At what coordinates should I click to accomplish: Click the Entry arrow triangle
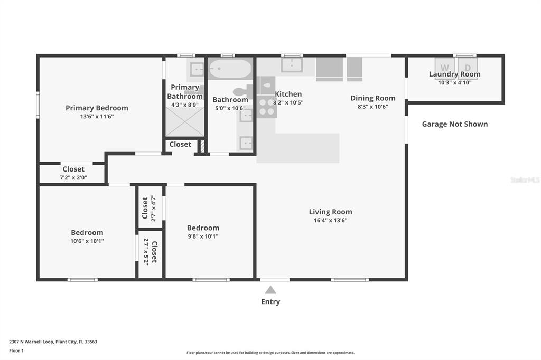coord(270,290)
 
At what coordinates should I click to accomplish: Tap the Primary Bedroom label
coord(97,108)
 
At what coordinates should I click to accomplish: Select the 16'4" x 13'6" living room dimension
coord(331,220)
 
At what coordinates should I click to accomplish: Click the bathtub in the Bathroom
coord(230,69)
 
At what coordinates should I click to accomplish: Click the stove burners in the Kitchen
coord(266,107)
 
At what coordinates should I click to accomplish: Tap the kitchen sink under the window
coord(292,65)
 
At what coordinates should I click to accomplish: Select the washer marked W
coord(444,68)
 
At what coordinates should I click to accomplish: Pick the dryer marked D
coord(468,68)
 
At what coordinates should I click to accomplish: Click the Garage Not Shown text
coord(455,124)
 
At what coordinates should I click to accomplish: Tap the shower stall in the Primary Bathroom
coord(185,121)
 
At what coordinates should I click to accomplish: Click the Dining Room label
coord(373,98)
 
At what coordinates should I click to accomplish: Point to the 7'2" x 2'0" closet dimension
coord(73,177)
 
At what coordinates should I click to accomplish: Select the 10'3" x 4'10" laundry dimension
coord(455,82)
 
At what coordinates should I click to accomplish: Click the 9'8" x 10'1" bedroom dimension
coord(203,236)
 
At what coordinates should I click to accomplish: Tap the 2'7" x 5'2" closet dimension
coord(146,251)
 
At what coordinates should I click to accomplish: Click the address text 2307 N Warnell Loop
coord(31,342)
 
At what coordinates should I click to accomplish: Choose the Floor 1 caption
coord(16,350)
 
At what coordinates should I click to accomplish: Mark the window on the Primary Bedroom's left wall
coord(38,105)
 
